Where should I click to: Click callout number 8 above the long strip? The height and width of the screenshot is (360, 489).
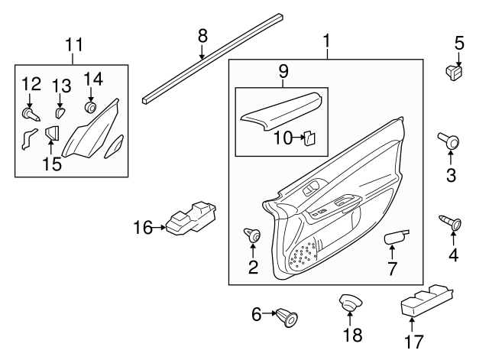coord(202,34)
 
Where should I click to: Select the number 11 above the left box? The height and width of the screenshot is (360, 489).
coord(73,45)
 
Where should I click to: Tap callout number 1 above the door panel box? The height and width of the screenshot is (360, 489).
coord(326,38)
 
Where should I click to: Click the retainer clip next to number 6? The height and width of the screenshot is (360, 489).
coord(287,314)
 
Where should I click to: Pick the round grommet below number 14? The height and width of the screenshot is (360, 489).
coord(91,107)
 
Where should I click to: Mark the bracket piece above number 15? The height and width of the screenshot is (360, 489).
coord(52,134)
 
